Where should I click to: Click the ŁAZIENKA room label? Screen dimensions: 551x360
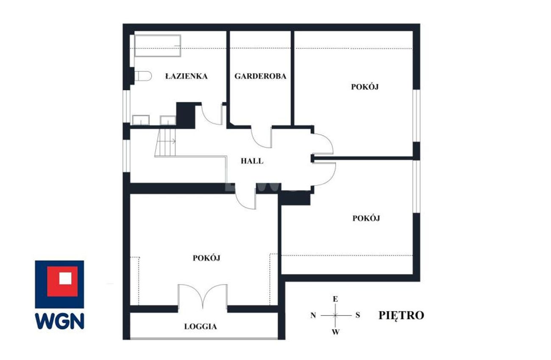pos(186,76)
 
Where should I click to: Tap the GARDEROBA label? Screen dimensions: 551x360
pos(260,76)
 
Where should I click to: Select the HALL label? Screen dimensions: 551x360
pos(252,161)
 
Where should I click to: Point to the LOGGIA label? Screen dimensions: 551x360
pos(200,327)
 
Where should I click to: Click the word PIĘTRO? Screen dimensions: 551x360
pos(401,316)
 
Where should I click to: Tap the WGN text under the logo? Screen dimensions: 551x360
pos(59,321)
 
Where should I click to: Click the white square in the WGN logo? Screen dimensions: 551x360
pos(65,278)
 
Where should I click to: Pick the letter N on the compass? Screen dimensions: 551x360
pos(313,315)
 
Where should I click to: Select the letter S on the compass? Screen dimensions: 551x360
pos(358,315)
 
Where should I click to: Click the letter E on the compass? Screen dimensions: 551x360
pos(335,299)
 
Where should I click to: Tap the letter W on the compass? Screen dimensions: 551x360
pos(336,332)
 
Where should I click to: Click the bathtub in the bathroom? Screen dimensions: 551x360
pos(158,46)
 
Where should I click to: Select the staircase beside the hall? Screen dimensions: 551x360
pos(166,143)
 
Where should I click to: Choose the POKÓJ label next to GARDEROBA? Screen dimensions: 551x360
pos(365,87)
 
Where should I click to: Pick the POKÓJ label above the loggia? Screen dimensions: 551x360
pos(206,258)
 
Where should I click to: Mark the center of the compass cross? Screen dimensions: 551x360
pos(335,315)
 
